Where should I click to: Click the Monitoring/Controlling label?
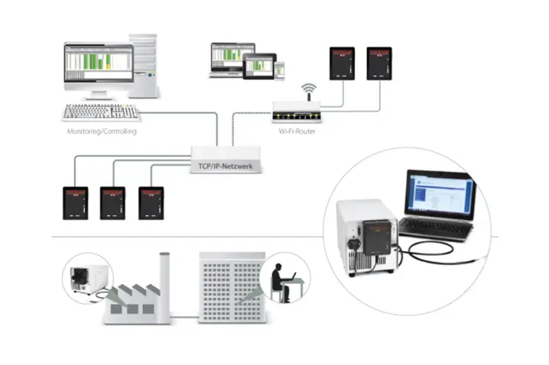click(x=101, y=131)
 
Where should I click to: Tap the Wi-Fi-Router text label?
click(x=297, y=131)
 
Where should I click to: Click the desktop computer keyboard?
click(x=101, y=112)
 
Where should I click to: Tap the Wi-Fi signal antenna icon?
click(x=308, y=92)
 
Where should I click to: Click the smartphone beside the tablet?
click(x=280, y=69)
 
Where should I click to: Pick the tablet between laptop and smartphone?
click(x=259, y=66)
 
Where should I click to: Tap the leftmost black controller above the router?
click(x=341, y=63)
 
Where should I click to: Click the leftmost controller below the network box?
click(x=75, y=202)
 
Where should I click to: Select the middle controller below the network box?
click(x=112, y=202)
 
